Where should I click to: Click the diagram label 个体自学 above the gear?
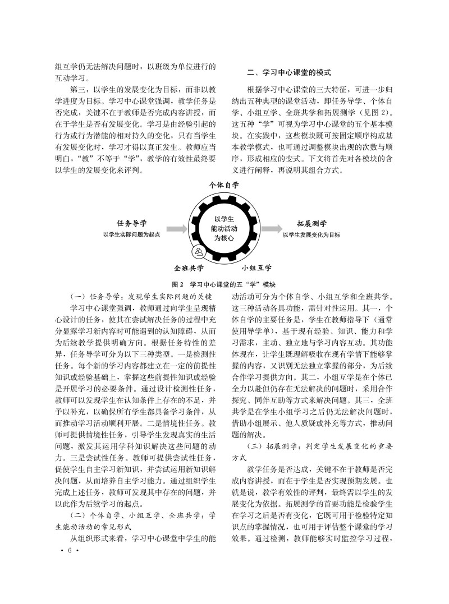coord(224,185)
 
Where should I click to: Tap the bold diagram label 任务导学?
coord(128,223)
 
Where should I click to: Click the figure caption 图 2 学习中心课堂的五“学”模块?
coord(224,284)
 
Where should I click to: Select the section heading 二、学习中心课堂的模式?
coord(290,73)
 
